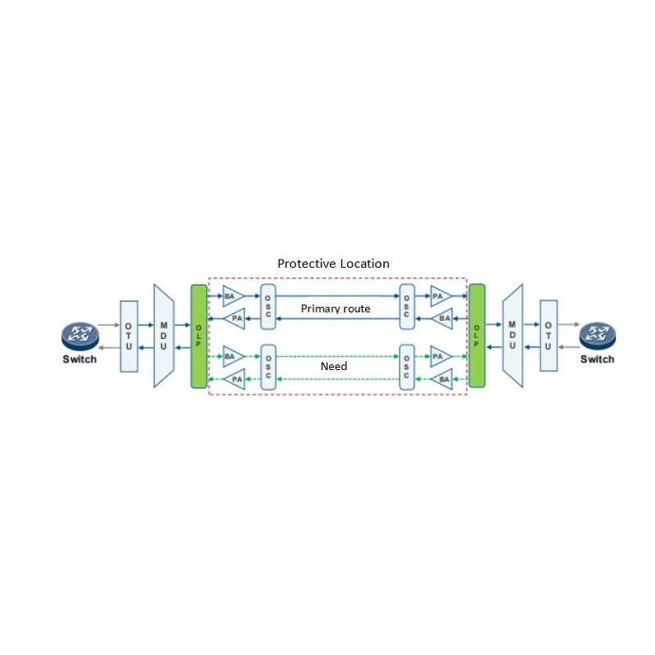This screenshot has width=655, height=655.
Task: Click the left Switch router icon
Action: point(80,337)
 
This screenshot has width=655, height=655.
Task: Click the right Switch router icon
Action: point(598,337)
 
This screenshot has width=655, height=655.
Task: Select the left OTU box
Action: point(129,337)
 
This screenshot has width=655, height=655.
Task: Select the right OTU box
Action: point(549,336)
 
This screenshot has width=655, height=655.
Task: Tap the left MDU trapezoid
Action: point(164,336)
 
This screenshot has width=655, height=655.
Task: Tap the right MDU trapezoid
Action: point(513,336)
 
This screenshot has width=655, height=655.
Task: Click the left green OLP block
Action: point(199,337)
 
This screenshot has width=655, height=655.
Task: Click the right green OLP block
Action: point(477,336)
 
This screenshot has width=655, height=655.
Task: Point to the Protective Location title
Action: point(333,264)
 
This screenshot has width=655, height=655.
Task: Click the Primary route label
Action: point(336,309)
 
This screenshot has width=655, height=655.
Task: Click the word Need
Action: point(334,366)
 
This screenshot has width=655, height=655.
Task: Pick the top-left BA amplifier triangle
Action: point(233,296)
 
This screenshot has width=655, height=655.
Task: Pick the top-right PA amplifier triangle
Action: point(441,296)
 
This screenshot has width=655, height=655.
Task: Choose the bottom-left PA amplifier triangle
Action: point(235,379)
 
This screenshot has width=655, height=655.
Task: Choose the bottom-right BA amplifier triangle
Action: point(442,379)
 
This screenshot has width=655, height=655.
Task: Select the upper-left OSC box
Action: point(268,306)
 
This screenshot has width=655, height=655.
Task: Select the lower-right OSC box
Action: point(407,367)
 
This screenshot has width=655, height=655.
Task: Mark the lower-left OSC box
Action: point(268,367)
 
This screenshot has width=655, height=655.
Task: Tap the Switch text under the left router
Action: point(79,359)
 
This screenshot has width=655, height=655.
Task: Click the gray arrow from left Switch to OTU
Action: point(109,325)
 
